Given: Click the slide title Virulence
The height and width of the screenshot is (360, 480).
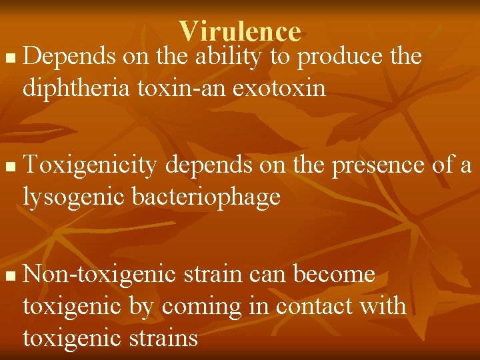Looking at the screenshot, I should click(240, 31).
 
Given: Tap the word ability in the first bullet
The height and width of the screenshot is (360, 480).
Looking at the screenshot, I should click(227, 57).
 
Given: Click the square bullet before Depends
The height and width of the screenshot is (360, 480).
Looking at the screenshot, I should click(8, 60).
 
